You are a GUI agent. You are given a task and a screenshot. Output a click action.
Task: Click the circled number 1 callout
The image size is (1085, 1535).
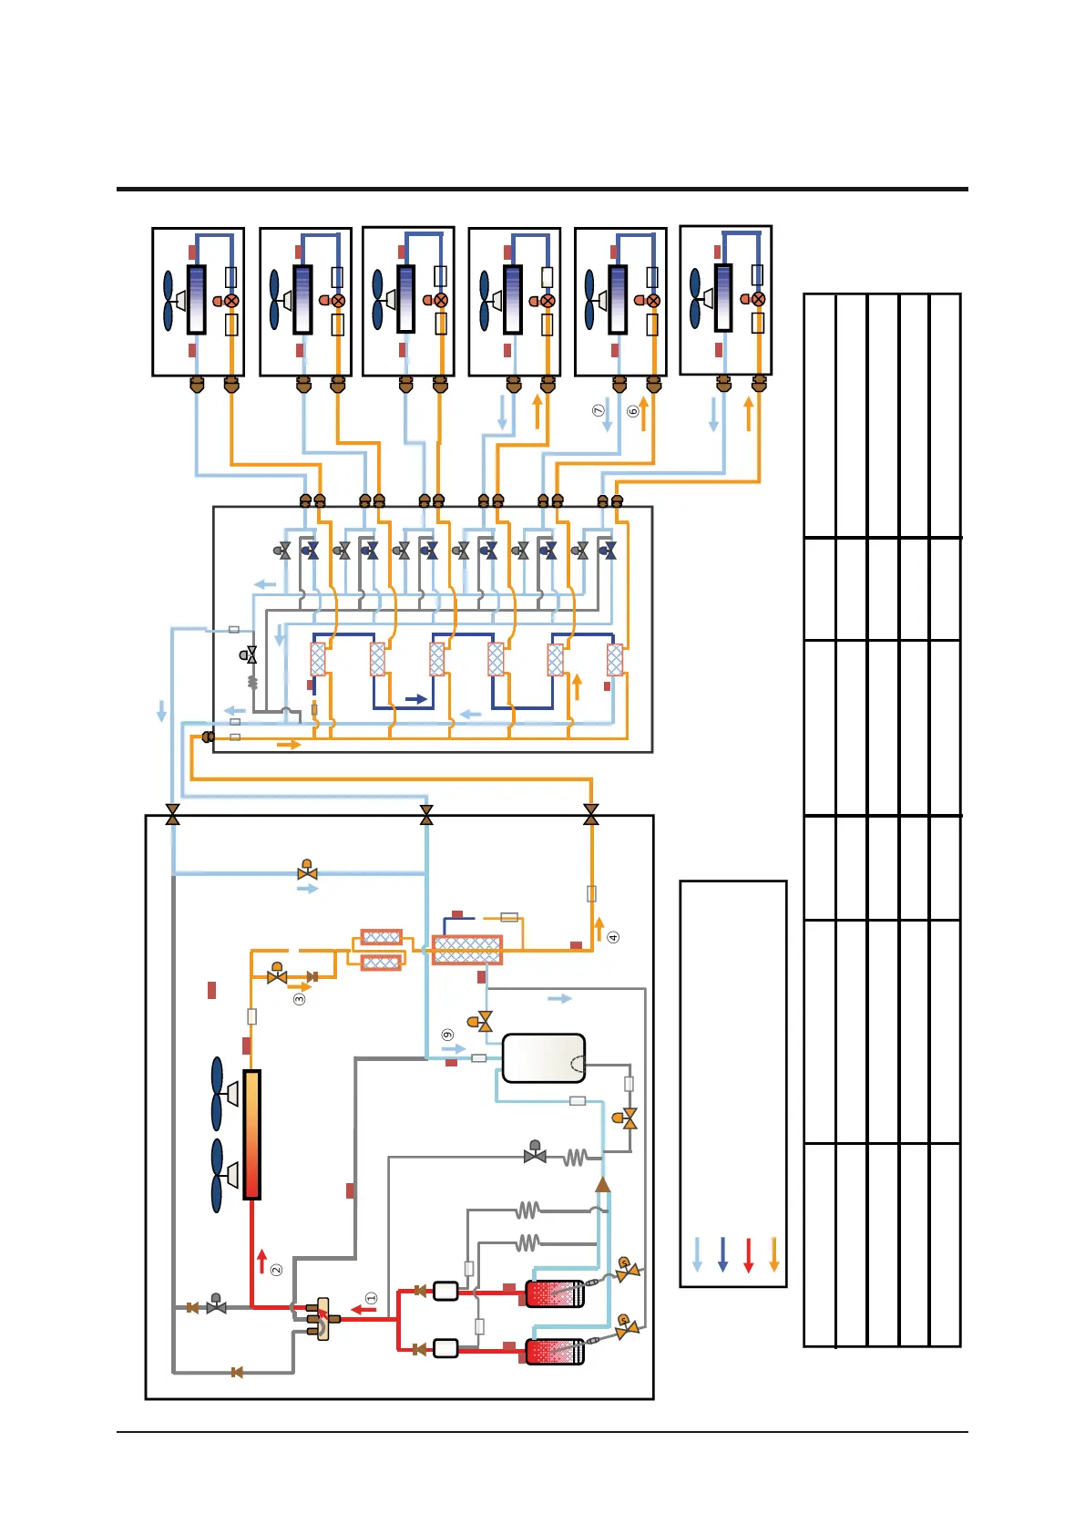[371, 1297]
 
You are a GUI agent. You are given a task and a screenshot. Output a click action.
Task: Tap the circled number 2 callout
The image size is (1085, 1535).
[276, 1269]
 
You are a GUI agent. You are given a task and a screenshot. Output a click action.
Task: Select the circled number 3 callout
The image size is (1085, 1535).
[299, 999]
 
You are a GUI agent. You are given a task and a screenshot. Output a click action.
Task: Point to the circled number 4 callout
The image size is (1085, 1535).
[613, 937]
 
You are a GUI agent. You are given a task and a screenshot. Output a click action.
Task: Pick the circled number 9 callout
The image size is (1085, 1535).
[447, 1035]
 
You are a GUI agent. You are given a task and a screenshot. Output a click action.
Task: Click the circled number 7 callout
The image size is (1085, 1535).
[599, 411]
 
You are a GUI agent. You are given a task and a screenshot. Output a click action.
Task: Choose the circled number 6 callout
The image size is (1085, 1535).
[633, 411]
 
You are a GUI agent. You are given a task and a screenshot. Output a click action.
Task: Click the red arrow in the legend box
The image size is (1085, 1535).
[749, 1254]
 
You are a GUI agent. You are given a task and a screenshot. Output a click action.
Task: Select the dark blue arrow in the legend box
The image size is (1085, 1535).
[723, 1254]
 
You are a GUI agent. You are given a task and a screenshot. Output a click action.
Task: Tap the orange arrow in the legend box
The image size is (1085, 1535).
[774, 1254]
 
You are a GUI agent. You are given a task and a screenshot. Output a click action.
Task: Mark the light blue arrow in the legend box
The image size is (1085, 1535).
[698, 1254]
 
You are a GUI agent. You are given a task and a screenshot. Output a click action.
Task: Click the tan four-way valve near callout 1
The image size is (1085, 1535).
[322, 1319]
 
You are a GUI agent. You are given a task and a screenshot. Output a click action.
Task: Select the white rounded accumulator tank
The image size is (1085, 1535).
[544, 1057]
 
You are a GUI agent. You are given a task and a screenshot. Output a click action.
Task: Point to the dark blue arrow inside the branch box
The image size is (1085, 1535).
[416, 699]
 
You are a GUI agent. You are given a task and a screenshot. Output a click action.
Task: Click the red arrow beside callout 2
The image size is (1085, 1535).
[262, 1261]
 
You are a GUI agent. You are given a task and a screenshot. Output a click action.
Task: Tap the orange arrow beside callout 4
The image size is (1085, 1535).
[599, 929]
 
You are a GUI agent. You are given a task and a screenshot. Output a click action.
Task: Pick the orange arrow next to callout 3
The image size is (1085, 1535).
[299, 986]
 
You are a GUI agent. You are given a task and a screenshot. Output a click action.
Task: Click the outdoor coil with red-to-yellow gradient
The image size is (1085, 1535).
[252, 1135]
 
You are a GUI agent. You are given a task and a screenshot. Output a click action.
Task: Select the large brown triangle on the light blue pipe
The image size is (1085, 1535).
[602, 1184]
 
